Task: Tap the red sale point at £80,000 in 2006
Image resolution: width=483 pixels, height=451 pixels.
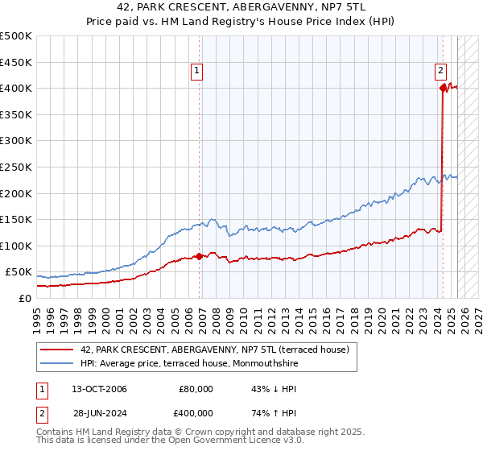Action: coord(200,256)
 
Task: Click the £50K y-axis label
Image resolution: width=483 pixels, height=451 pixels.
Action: coord(19,271)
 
